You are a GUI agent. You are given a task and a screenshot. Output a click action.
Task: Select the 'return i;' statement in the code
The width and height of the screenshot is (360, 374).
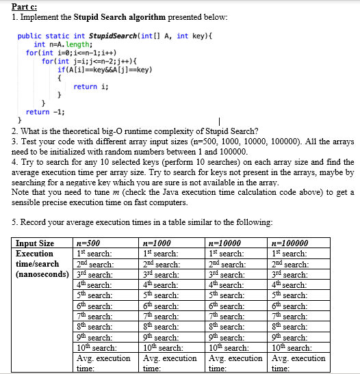coord(85,86)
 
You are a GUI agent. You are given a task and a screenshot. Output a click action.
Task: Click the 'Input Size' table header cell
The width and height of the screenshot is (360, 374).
coord(35,243)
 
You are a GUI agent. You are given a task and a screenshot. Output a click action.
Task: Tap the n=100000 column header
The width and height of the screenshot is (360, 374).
coord(290,243)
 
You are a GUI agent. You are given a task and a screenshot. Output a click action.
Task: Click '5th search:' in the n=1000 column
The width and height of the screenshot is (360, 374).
coord(160,295)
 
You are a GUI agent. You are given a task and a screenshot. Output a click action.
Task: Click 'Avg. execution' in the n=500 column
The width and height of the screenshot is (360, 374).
coord(103,358)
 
